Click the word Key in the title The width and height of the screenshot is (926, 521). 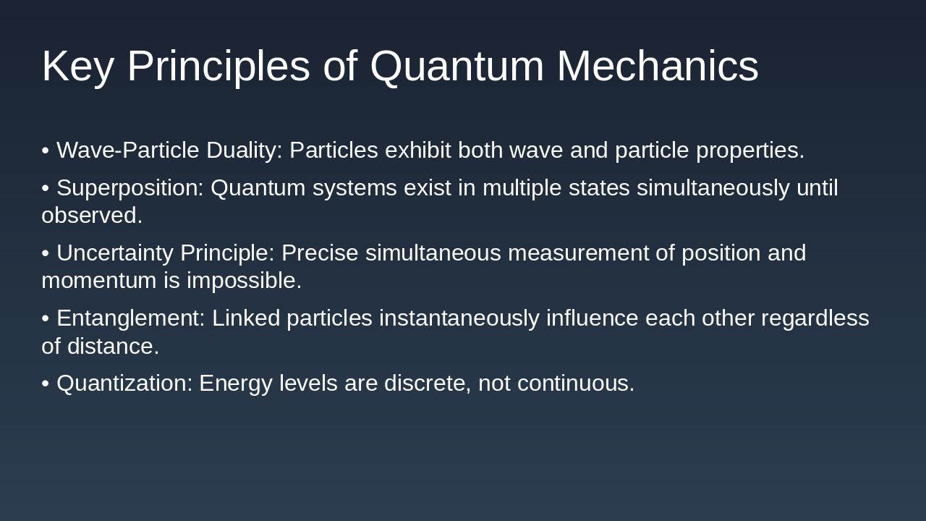click(x=77, y=67)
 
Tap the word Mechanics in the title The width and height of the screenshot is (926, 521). click(x=657, y=67)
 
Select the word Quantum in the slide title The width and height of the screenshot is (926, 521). click(x=456, y=67)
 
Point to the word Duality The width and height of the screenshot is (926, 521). click(x=244, y=151)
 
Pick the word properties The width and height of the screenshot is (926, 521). click(x=749, y=151)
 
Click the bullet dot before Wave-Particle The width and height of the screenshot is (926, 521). click(x=45, y=151)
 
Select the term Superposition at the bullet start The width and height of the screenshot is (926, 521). click(x=130, y=188)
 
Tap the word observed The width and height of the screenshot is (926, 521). click(x=92, y=216)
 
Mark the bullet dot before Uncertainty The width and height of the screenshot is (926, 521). click(x=45, y=253)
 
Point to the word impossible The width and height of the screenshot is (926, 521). click(x=244, y=281)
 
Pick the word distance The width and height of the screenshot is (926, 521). click(x=113, y=347)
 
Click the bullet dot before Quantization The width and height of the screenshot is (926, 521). click(x=45, y=384)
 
